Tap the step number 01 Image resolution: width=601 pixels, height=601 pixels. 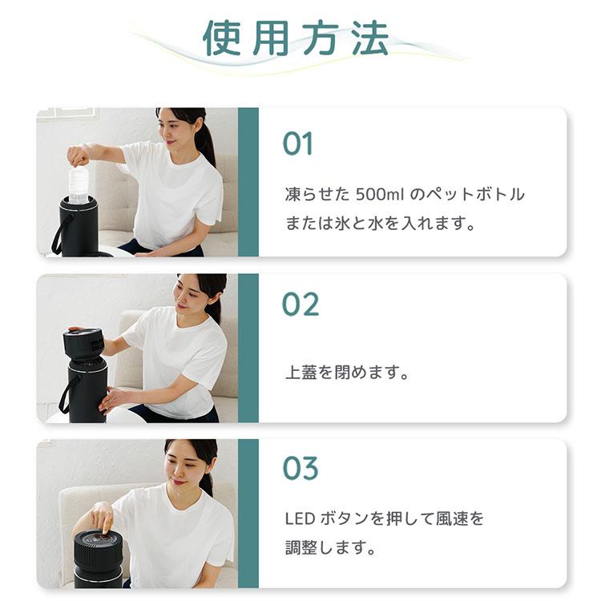[x=297, y=144]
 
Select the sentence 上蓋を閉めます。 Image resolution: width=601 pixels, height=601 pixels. [x=347, y=373]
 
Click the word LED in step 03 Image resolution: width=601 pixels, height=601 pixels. [x=300, y=519]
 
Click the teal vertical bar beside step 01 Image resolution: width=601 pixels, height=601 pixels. [x=248, y=182]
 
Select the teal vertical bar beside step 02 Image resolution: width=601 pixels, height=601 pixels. [x=248, y=348]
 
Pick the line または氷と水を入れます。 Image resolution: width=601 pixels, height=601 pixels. [x=381, y=224]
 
